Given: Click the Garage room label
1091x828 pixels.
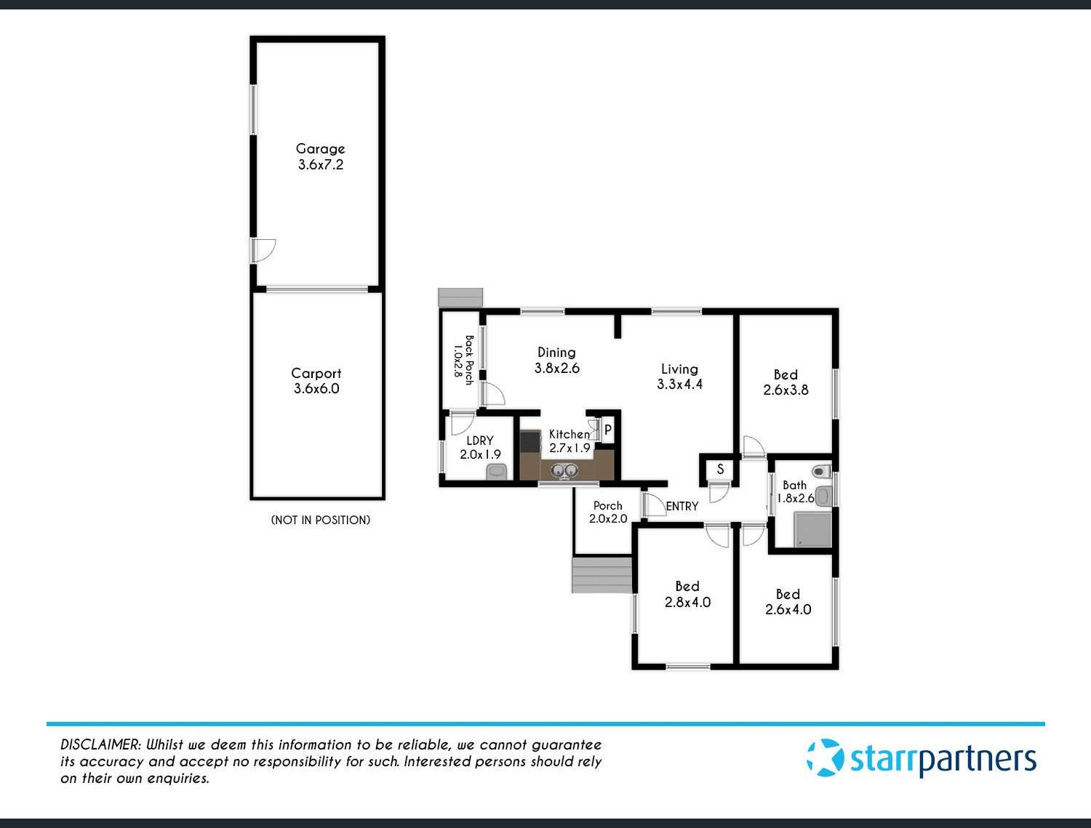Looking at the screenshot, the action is [x=320, y=148].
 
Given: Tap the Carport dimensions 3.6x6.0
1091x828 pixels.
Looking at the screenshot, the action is [x=316, y=388].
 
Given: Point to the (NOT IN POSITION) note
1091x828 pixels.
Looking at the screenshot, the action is [x=321, y=520].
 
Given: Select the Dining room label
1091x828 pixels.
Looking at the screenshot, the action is [x=556, y=353].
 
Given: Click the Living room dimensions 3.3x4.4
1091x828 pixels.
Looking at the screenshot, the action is [x=679, y=384].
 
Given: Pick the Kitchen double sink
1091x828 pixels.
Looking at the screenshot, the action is [x=564, y=470].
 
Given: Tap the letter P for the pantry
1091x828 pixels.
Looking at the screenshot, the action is [x=608, y=430].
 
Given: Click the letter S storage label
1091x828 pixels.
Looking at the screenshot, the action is [x=720, y=470].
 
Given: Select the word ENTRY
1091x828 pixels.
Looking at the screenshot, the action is [x=682, y=506].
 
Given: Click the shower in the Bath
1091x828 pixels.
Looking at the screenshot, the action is [x=812, y=530].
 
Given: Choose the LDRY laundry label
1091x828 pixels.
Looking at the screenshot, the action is [x=479, y=441].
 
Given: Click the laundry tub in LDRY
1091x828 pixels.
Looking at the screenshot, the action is [x=496, y=472].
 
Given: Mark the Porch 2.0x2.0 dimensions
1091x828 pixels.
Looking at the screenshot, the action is [x=608, y=518].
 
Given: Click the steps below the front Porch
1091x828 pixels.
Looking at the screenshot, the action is [x=602, y=575].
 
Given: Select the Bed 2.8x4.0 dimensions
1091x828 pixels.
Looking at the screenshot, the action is [x=688, y=602].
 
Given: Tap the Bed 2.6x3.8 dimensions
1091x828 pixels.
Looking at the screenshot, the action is [x=786, y=390].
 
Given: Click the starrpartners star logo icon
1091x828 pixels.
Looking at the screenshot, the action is [x=825, y=758].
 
